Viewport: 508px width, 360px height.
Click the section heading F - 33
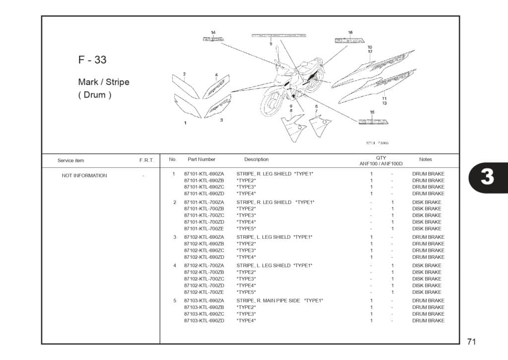(x=92, y=60)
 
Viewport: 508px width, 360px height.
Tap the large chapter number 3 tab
(x=487, y=177)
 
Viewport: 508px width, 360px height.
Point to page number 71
(x=471, y=342)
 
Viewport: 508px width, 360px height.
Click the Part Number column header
(x=201, y=159)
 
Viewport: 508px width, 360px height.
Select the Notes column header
(x=425, y=159)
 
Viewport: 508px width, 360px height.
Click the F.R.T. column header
(x=146, y=160)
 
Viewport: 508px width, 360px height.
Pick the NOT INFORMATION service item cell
(x=84, y=175)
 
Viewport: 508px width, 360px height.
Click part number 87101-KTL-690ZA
(x=204, y=174)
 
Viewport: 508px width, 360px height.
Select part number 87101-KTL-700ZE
(x=204, y=229)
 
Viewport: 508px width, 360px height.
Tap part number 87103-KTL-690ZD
(x=204, y=321)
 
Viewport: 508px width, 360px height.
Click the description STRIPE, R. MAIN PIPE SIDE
(x=268, y=301)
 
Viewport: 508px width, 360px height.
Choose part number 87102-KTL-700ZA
(x=204, y=266)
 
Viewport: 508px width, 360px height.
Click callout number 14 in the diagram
(x=213, y=33)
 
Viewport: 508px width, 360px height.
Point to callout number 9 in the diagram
(x=271, y=44)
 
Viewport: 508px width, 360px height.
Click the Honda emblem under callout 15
(x=373, y=122)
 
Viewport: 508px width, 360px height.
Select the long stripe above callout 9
(x=279, y=36)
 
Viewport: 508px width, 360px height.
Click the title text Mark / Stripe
(x=104, y=82)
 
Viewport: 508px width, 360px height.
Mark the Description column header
(x=256, y=159)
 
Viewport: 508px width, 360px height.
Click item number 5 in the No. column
(x=175, y=301)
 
